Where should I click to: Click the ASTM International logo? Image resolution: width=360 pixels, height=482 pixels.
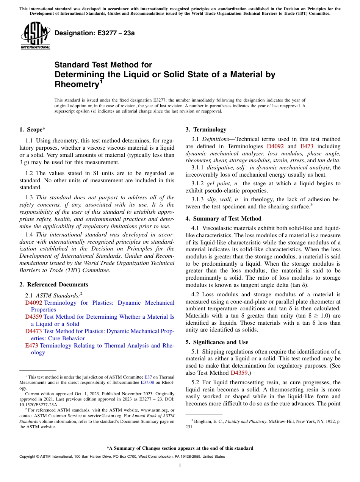[35, 36]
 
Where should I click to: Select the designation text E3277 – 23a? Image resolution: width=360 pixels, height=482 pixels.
[94, 33]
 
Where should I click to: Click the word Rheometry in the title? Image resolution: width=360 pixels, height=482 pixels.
[76, 84]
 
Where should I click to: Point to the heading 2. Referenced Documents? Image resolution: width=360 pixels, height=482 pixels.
[54, 285]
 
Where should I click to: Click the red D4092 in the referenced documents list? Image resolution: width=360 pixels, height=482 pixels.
[34, 303]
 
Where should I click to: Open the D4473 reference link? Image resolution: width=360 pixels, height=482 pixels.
[34, 331]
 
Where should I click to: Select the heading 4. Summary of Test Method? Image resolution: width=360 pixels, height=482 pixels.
[223, 219]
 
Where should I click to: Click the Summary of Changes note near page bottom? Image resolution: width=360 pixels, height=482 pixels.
[180, 448]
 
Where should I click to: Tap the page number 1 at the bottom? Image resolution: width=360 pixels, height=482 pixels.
[180, 466]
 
